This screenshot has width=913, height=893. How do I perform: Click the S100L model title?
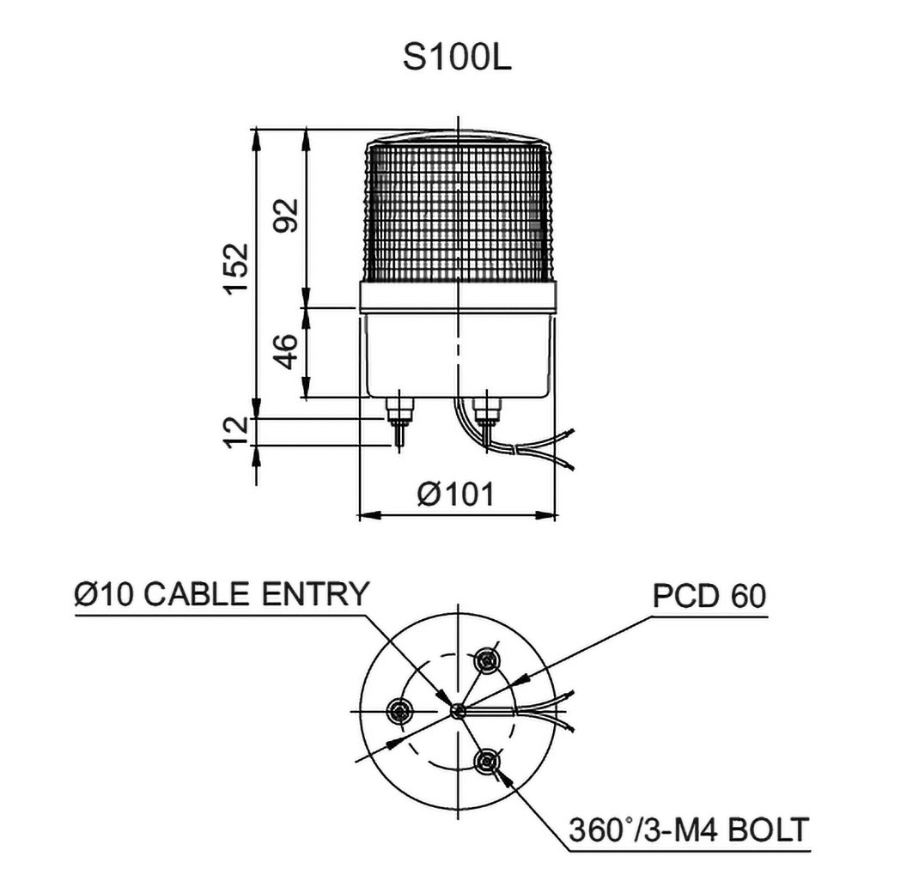click(x=456, y=58)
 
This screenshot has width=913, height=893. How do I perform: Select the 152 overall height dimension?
click(x=234, y=269)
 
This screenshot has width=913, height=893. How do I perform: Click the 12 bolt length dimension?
click(x=234, y=431)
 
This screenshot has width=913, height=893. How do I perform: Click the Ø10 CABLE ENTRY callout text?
click(x=222, y=595)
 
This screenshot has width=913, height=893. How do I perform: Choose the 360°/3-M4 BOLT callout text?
click(x=689, y=831)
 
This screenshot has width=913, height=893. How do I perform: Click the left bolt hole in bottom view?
click(x=401, y=710)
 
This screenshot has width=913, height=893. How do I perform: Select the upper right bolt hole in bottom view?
click(x=489, y=659)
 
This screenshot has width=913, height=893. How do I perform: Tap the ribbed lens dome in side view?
click(x=456, y=210)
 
